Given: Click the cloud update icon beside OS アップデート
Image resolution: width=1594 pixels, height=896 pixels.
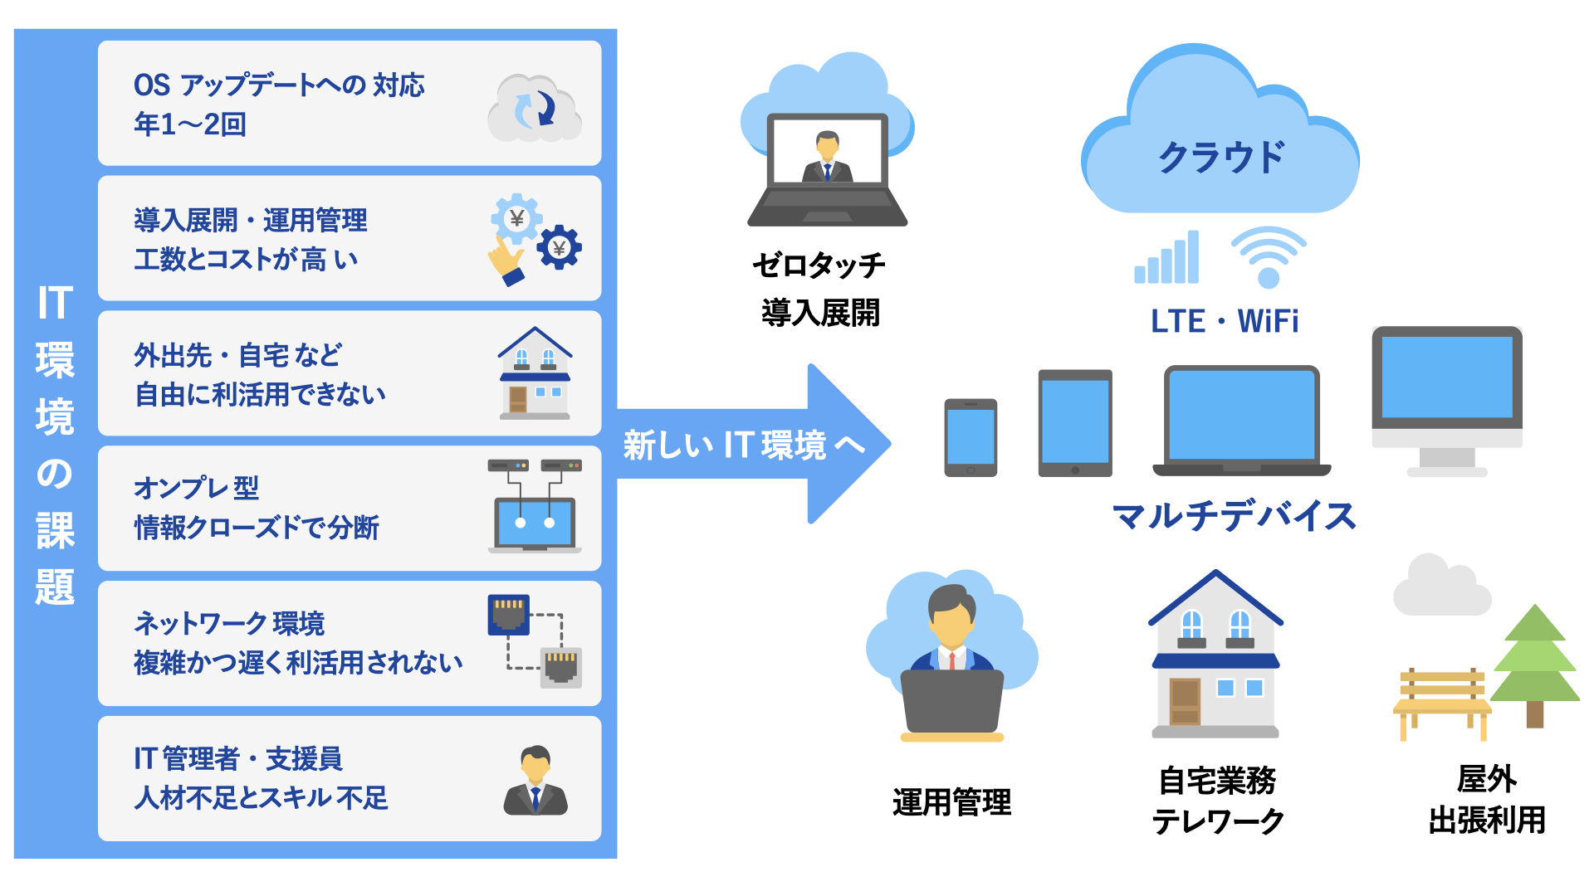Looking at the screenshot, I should (x=535, y=108).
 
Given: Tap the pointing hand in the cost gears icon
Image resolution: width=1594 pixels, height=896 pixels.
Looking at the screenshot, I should (x=505, y=260).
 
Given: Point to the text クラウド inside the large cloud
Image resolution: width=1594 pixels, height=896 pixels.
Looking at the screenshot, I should (x=1220, y=157).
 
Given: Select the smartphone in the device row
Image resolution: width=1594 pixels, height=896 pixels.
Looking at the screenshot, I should (x=971, y=437).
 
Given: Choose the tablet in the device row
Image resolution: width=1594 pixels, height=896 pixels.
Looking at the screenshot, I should (x=1075, y=423).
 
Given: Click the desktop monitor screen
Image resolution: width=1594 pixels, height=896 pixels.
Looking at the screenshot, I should (x=1446, y=377).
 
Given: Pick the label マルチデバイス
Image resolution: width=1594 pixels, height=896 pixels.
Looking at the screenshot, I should (x=1234, y=516).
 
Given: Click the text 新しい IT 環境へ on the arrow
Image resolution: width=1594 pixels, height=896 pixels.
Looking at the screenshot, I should (x=744, y=446).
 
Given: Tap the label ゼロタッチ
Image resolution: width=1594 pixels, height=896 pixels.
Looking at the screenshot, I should (x=819, y=265).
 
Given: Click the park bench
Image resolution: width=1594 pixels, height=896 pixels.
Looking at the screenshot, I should (x=1441, y=702).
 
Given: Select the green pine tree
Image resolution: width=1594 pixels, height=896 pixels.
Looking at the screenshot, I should (x=1535, y=660).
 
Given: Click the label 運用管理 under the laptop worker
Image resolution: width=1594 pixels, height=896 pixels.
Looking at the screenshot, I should (x=951, y=802).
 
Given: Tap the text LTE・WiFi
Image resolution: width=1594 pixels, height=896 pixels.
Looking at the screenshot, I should (x=1225, y=321).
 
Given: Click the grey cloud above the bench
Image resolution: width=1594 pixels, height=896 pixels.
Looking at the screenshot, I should (x=1441, y=587).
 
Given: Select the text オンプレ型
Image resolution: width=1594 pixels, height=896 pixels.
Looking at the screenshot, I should (x=197, y=488).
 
